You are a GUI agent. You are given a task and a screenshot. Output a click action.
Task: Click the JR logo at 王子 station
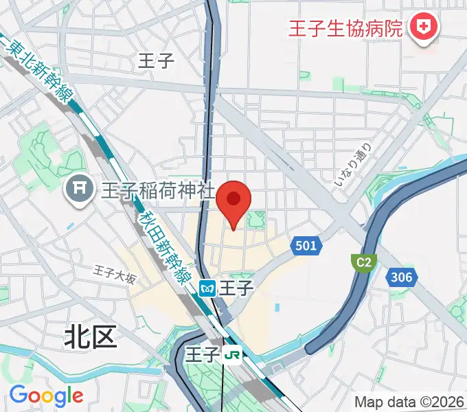click(233, 354)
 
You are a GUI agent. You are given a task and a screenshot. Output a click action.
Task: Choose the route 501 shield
click(306, 245)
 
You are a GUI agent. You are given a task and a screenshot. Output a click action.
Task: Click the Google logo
click(46, 395)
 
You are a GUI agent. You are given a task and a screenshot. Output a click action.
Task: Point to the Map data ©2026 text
click(409, 402)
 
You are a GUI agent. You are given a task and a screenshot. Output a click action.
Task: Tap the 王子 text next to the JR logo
click(203, 354)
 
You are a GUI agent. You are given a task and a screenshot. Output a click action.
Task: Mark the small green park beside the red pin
click(257, 220)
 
